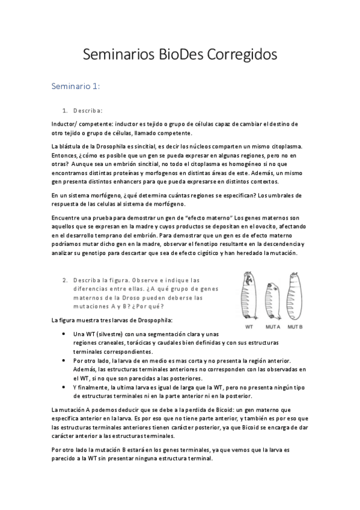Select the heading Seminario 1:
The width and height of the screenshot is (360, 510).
click(76, 87)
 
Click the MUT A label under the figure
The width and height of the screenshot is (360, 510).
click(273, 327)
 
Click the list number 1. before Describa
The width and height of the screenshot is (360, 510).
click(65, 111)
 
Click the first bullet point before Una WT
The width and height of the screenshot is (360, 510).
click(64, 334)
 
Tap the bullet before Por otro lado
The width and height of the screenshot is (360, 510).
click(64, 360)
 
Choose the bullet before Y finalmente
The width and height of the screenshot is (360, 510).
click(64, 387)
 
